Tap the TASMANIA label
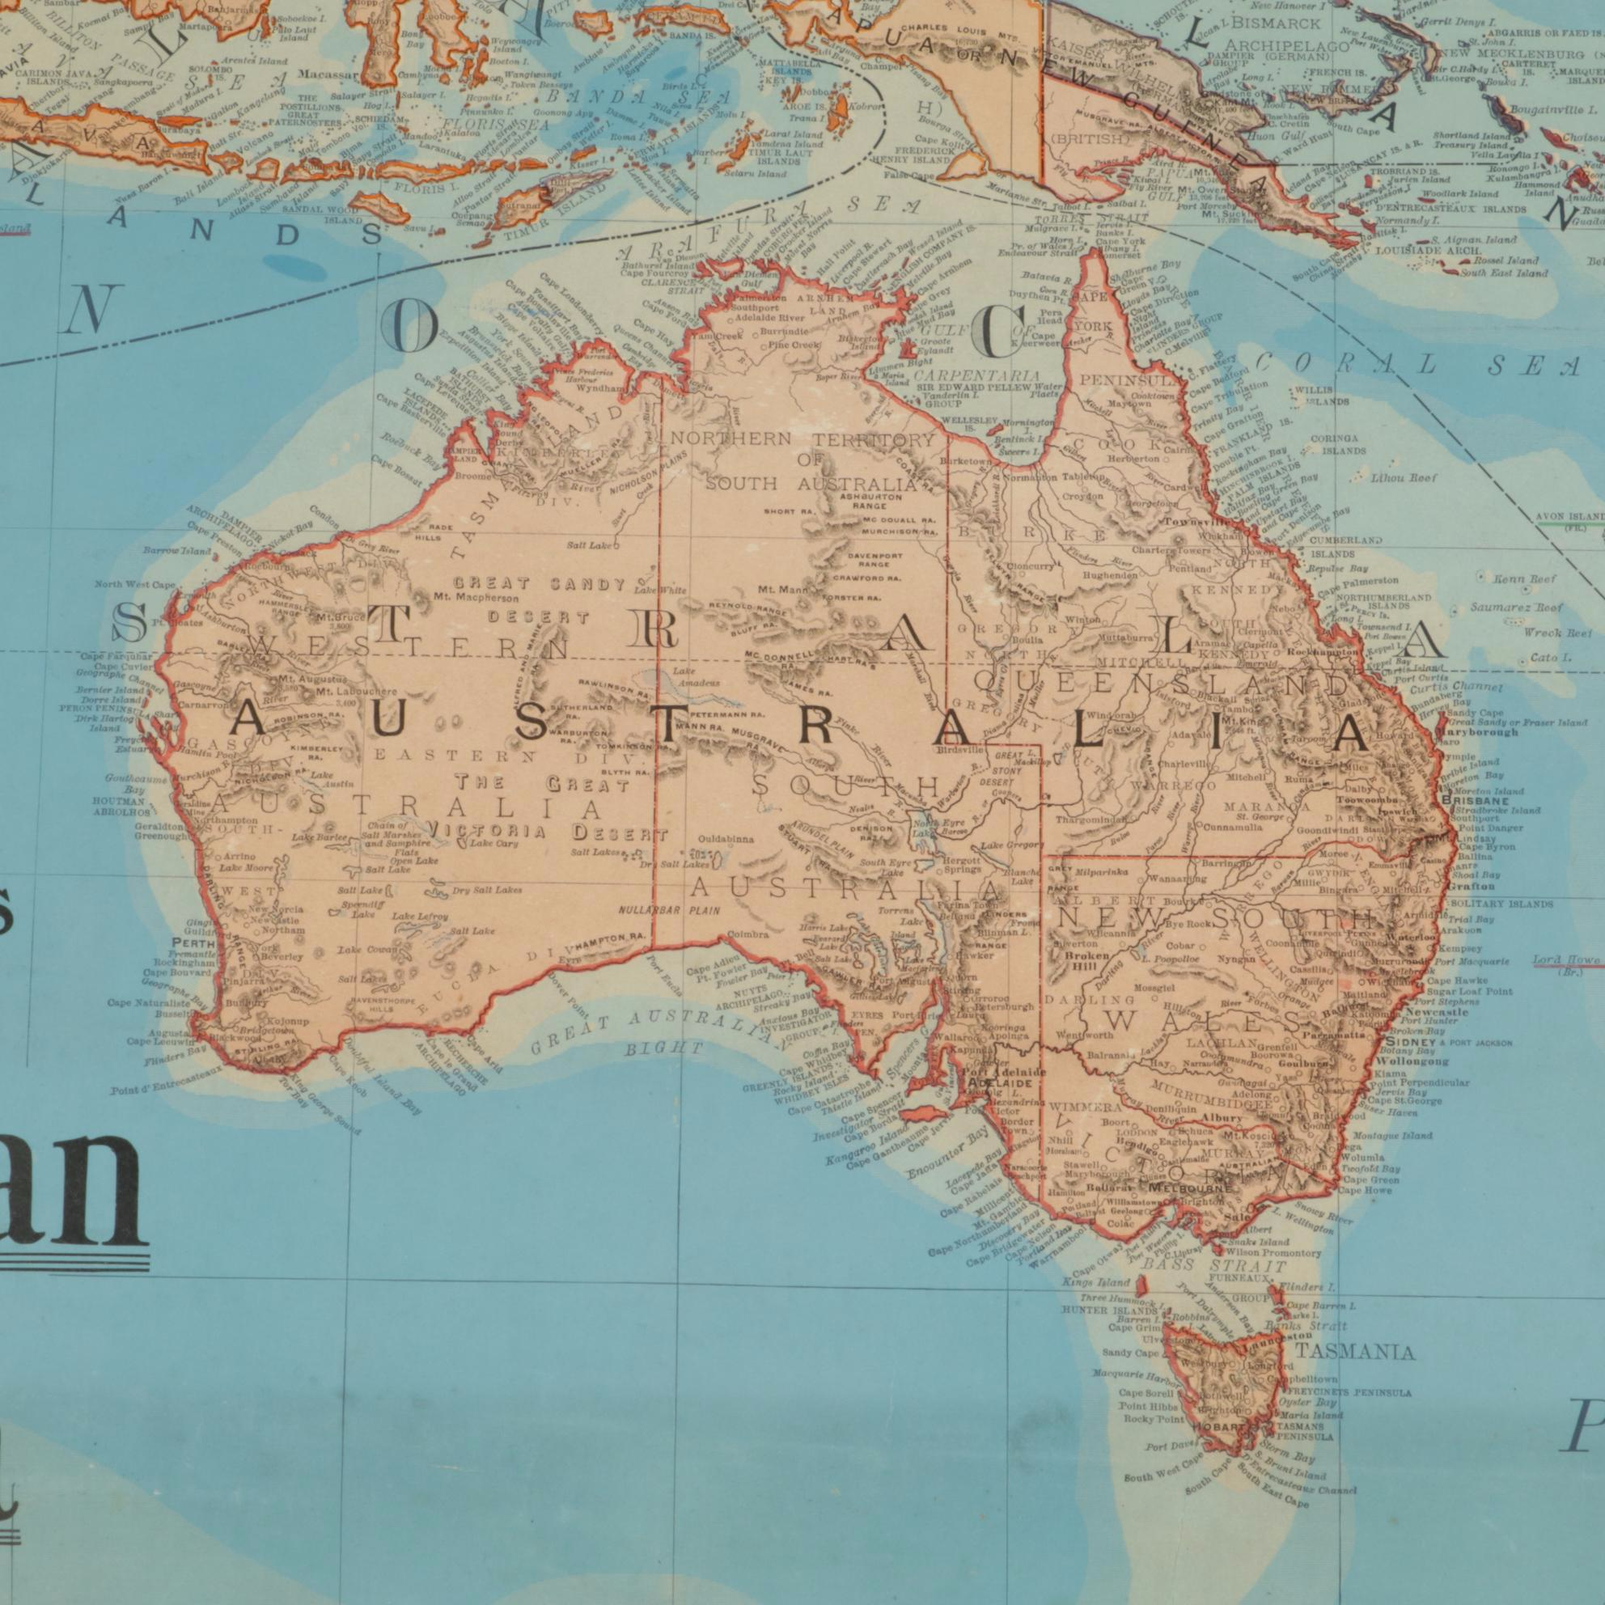pos(1354,1353)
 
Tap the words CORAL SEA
pos(1421,365)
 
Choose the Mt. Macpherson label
pos(476,596)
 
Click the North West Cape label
pos(134,585)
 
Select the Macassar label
pos(331,74)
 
